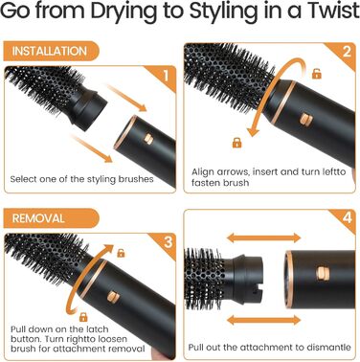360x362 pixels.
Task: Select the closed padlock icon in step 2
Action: click(236, 143)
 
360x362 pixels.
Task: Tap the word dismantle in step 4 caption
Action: click(326, 347)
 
